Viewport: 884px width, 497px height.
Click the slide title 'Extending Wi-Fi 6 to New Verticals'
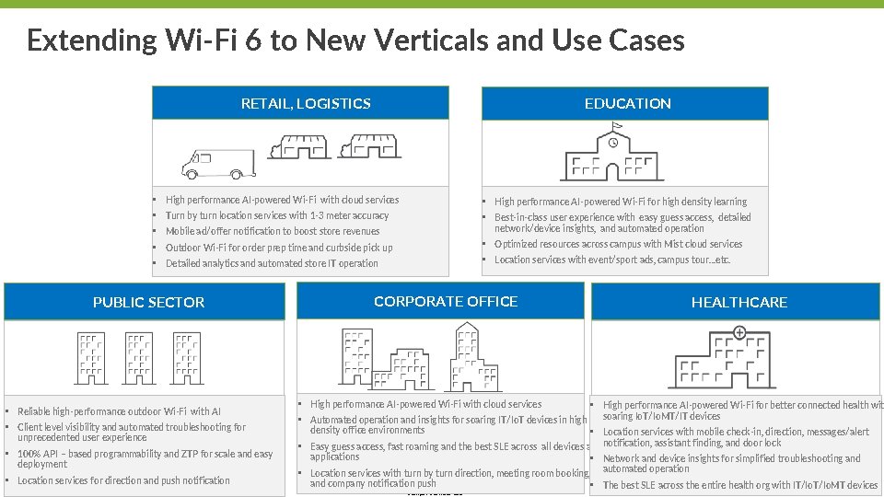point(355,40)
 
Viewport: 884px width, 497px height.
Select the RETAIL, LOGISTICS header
point(306,104)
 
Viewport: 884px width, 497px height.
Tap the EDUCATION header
point(627,104)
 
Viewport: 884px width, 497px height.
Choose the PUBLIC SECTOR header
point(148,303)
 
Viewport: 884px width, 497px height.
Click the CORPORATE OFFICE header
point(446,302)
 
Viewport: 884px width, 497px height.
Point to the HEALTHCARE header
point(739,303)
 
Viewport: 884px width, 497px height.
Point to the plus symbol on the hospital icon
point(739,332)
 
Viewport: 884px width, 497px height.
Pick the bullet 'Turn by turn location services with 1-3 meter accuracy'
point(276,215)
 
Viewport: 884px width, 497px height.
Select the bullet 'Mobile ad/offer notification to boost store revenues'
point(272,231)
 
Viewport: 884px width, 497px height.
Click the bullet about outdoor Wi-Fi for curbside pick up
point(278,248)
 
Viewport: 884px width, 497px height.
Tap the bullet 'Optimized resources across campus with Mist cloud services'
point(618,244)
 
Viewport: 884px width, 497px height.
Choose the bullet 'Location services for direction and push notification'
point(123,480)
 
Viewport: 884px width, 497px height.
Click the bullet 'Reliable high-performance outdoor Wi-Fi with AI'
point(119,411)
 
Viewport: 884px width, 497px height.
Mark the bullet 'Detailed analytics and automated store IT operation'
point(272,263)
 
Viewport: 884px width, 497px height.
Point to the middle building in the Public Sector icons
point(140,358)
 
